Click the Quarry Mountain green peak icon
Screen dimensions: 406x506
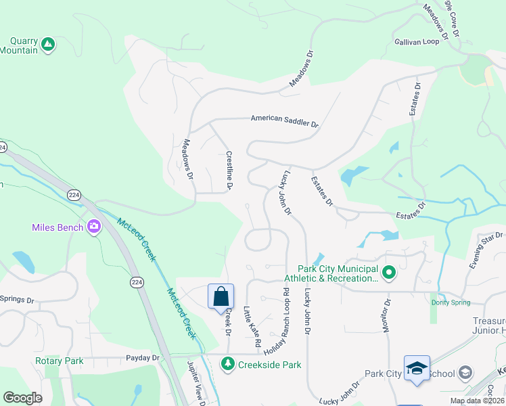tap(47, 45)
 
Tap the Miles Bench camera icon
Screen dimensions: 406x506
tap(93, 227)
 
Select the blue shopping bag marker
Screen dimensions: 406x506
tap(221, 296)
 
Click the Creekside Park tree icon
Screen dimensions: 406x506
tap(228, 365)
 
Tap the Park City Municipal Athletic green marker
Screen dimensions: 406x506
tap(389, 273)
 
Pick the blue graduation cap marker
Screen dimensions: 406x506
tap(417, 367)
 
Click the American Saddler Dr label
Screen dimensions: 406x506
tap(284, 120)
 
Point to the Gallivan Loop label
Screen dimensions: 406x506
tap(417, 41)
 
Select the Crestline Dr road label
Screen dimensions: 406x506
tap(229, 171)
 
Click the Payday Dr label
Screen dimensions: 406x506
tap(142, 357)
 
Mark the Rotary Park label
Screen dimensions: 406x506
tap(60, 361)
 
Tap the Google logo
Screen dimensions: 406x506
tap(23, 398)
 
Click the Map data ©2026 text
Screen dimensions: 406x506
tap(476, 401)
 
